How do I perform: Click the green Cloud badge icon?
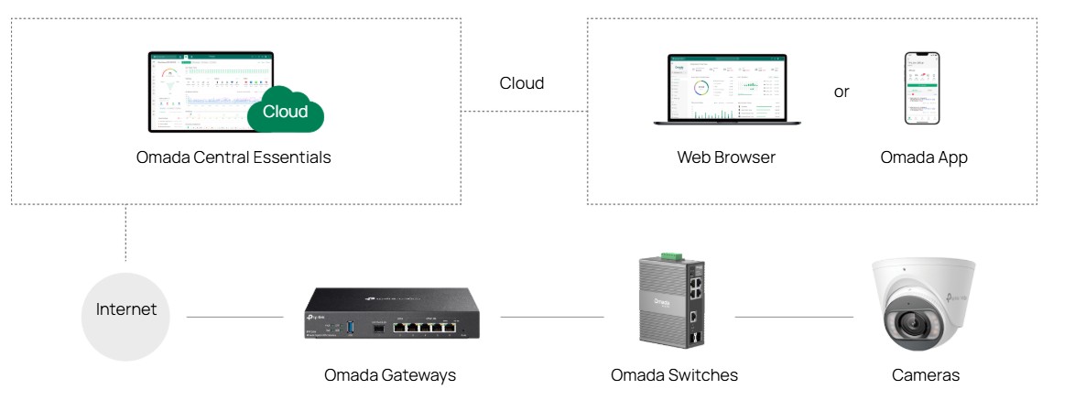tap(286, 111)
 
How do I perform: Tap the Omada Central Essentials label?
tap(233, 157)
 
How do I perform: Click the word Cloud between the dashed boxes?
tap(521, 83)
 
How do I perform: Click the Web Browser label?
tap(726, 157)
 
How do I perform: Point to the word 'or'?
tap(842, 92)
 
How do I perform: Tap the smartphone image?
tap(922, 88)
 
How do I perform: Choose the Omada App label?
tap(923, 157)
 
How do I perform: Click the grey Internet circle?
tap(126, 310)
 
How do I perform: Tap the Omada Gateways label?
tap(390, 375)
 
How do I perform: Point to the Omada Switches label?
tap(674, 375)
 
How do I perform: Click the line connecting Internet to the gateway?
tap(235, 318)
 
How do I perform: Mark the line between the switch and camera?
tap(794, 318)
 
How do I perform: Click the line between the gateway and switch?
tap(551, 318)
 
